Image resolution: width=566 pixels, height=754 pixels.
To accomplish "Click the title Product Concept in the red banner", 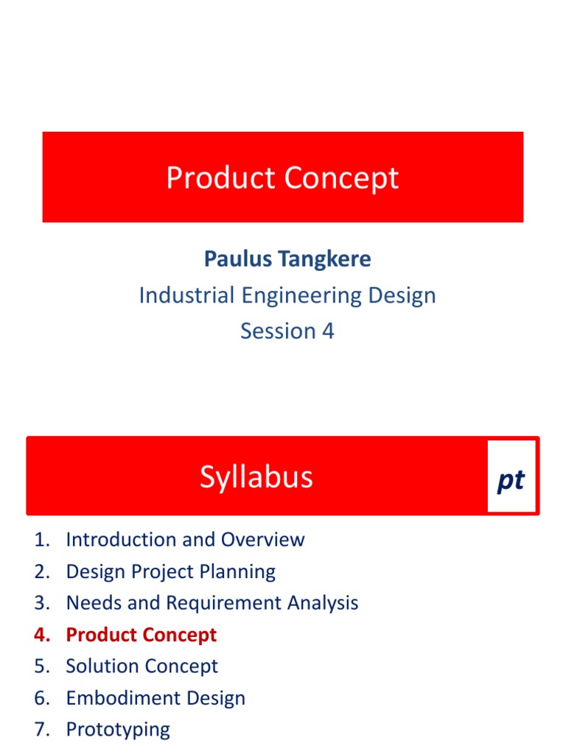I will pyautogui.click(x=282, y=178).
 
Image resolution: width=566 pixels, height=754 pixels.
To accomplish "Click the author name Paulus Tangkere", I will pyautogui.click(x=287, y=259).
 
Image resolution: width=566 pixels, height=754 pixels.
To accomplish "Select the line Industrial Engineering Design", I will pyautogui.click(x=287, y=295).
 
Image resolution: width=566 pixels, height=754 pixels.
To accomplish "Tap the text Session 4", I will pyautogui.click(x=287, y=331).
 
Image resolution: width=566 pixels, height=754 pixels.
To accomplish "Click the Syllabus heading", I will pyautogui.click(x=256, y=477).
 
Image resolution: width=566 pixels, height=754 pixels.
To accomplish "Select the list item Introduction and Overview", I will pyautogui.click(x=185, y=539).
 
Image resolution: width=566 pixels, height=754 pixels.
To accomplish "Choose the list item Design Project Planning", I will pyautogui.click(x=170, y=571).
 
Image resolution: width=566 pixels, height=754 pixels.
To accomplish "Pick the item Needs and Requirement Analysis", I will pyautogui.click(x=212, y=603).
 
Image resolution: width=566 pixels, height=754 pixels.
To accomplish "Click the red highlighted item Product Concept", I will pyautogui.click(x=141, y=635).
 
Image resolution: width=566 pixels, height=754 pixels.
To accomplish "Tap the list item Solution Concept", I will pyautogui.click(x=141, y=666).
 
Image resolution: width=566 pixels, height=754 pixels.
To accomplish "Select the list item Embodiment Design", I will pyautogui.click(x=156, y=698).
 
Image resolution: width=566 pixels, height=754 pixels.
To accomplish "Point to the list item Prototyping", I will pyautogui.click(x=118, y=730).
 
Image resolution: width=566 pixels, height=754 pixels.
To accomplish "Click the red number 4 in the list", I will pyautogui.click(x=40, y=635).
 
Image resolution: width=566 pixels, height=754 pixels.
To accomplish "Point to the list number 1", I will pyautogui.click(x=40, y=539).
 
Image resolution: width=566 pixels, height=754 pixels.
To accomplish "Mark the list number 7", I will pyautogui.click(x=40, y=730).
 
